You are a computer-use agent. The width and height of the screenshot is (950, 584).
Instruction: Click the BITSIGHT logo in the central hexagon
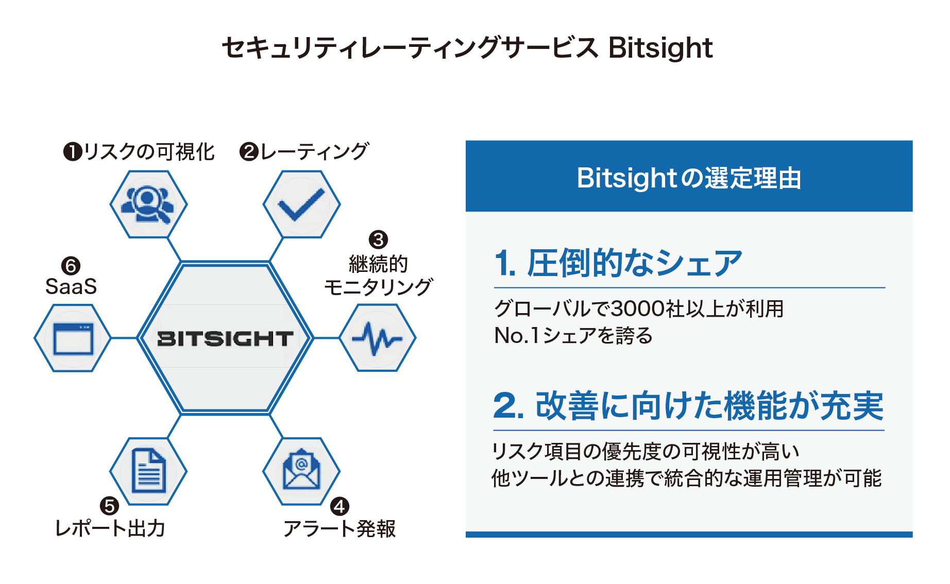tap(225, 338)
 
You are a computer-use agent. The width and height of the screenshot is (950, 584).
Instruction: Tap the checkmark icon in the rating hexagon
tap(301, 205)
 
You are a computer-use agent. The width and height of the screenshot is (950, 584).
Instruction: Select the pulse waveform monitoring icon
tap(377, 338)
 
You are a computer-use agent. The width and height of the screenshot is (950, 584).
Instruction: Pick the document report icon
tap(149, 470)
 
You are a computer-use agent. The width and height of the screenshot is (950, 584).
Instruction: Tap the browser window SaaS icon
tap(73, 338)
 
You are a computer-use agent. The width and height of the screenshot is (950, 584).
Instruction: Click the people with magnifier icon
tap(148, 204)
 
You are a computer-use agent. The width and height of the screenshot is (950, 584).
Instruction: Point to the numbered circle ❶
tap(73, 152)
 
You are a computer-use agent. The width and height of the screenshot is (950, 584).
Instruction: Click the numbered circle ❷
tap(249, 152)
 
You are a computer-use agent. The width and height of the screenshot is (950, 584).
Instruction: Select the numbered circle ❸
tap(378, 239)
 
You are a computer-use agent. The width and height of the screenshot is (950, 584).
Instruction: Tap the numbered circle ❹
tap(340, 506)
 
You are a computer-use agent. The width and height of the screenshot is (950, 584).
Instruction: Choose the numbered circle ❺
tap(109, 506)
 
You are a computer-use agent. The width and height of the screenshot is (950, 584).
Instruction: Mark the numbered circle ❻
tap(71, 266)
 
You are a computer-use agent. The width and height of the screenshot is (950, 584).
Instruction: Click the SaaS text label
tap(71, 287)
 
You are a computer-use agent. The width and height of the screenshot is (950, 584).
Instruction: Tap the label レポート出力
tap(110, 529)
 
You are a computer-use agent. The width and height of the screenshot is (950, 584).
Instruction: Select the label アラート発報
tap(340, 529)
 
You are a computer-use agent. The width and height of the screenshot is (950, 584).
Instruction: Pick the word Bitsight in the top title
tap(660, 48)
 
